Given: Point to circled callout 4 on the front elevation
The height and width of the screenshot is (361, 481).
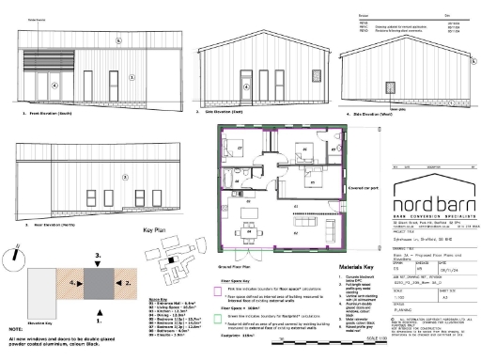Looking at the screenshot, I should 54,84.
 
